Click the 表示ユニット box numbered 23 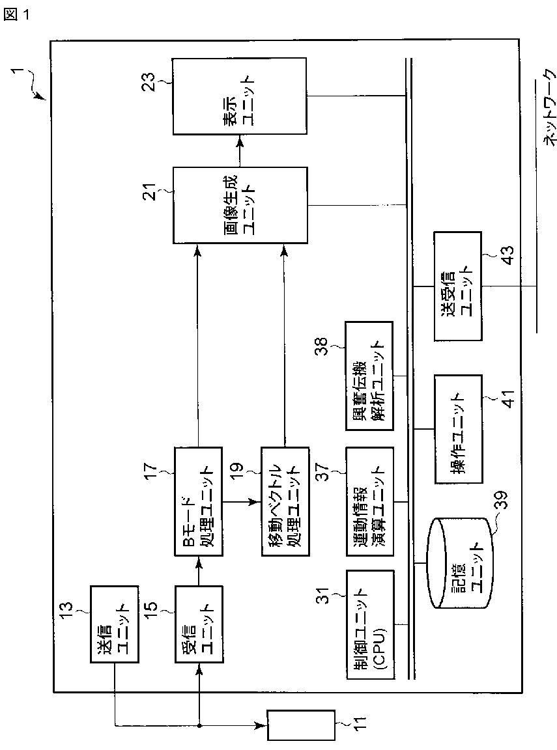point(239,96)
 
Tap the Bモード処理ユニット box point(198,501)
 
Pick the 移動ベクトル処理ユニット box point(285,501)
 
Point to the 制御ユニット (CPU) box point(371,624)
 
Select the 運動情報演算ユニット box point(370,501)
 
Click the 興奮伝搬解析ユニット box point(370,376)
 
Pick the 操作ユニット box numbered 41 point(459,428)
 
